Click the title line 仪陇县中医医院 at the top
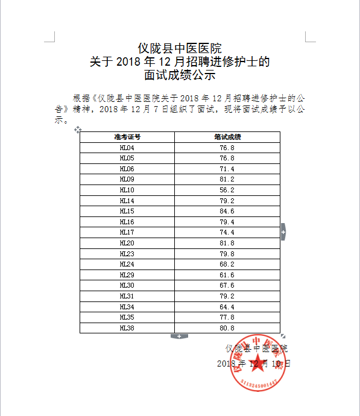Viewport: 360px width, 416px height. coord(180,48)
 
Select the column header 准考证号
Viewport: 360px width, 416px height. coord(127,137)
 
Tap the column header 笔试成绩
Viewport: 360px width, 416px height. coord(227,137)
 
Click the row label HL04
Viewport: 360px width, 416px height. coord(127,148)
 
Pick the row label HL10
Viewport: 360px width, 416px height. coord(127,190)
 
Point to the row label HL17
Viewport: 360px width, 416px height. coord(127,232)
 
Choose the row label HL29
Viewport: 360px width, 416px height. coord(127,274)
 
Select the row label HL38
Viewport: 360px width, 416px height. coord(127,328)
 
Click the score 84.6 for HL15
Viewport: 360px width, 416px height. coord(227,211)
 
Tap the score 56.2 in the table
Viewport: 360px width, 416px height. coord(227,190)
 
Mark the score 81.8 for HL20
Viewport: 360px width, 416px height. coord(227,243)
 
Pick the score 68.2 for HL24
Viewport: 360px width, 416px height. coord(227,264)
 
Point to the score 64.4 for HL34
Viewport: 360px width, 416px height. coord(227,307)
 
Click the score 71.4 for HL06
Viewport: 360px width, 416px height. coord(227,169)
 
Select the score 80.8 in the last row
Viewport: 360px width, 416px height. coord(227,328)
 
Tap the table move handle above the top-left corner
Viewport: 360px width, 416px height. coord(77,129)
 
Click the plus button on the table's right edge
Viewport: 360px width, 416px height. coord(283,232)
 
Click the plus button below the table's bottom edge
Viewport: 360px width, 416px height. coord(180,336)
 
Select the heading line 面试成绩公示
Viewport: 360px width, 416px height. coord(180,76)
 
